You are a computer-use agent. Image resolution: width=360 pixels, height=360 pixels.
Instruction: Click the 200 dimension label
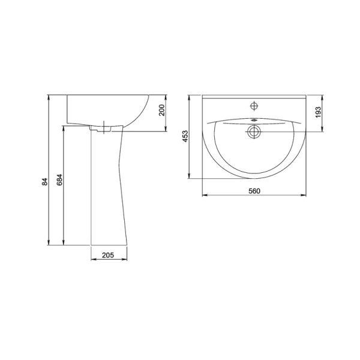162,110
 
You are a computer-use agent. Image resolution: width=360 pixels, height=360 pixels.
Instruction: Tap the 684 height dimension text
59,180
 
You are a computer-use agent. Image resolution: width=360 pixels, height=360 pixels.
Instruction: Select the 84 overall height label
45,182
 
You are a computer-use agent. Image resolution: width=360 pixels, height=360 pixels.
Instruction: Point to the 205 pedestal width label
108,255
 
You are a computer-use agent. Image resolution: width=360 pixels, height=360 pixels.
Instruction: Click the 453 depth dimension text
185,136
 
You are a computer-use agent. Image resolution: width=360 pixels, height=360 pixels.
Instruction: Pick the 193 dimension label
319,112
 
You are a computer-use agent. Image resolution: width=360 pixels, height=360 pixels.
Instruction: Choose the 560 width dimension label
254,191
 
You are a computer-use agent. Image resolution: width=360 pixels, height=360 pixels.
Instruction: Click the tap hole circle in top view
254,106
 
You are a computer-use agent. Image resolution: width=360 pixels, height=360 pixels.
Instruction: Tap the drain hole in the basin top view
254,132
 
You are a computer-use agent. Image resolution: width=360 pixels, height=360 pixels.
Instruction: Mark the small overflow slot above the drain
254,120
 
